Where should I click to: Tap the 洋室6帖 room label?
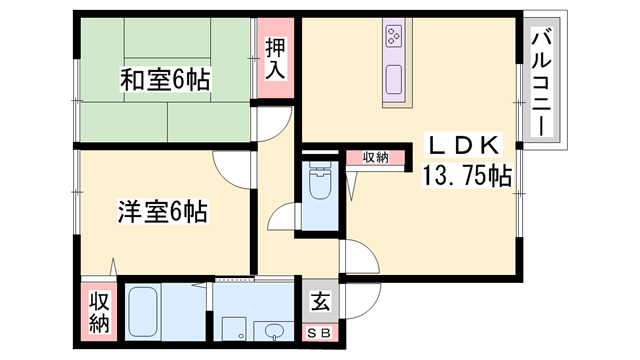[x=163, y=212]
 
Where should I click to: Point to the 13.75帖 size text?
[x=467, y=176]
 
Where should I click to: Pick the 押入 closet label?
[x=275, y=59]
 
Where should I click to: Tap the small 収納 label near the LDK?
[x=375, y=158]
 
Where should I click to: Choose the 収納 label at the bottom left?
[x=100, y=312]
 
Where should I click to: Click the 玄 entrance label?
[x=321, y=301]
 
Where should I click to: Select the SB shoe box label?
[x=321, y=331]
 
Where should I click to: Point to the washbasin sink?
[x=271, y=331]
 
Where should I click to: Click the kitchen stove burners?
[x=393, y=38]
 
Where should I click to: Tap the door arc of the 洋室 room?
[x=226, y=166]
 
